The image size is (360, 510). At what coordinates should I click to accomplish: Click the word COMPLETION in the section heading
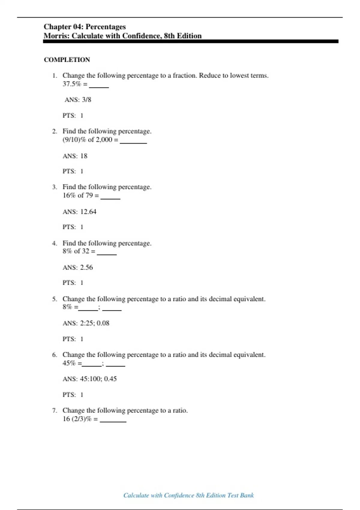tap(67, 60)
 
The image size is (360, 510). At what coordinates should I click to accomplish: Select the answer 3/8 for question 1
tap(86, 100)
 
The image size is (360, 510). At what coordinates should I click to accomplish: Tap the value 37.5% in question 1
tap(72, 84)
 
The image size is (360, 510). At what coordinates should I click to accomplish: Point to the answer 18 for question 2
tap(84, 156)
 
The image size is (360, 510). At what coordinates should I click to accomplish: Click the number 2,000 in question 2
tap(104, 140)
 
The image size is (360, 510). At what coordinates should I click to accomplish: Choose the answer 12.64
tap(88, 212)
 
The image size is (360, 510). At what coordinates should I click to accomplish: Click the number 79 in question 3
tap(89, 195)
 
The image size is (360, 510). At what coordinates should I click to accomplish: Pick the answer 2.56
tap(86, 267)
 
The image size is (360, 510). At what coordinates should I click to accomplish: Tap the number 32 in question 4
tap(85, 251)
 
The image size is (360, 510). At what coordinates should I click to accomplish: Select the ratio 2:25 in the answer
tap(87, 323)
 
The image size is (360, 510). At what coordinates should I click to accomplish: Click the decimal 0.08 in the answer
tap(103, 323)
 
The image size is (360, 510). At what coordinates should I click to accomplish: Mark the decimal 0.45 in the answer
tap(110, 379)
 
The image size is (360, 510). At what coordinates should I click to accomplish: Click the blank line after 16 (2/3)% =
tap(113, 421)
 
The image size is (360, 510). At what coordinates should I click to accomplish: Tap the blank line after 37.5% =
tap(99, 87)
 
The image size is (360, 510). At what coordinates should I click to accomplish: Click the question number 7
tap(54, 410)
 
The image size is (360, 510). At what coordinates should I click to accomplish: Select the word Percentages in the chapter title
tap(106, 27)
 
